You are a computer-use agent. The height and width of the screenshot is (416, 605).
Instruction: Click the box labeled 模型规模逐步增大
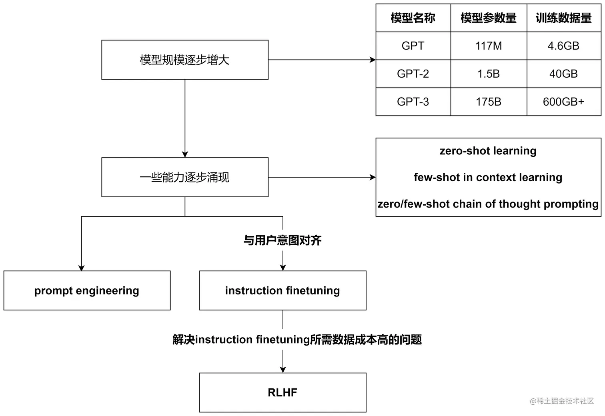click(184, 60)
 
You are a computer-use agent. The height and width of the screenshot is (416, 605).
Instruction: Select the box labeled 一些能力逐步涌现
click(184, 177)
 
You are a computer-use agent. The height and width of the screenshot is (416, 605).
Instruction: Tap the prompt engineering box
click(87, 290)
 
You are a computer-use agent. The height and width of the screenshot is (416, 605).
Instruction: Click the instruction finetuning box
click(282, 290)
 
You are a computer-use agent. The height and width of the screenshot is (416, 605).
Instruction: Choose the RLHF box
click(282, 392)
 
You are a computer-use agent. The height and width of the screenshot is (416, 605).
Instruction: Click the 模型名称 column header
click(413, 18)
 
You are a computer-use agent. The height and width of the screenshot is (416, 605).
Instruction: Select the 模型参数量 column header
click(488, 18)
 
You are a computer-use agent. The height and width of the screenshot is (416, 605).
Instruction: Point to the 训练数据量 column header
click(563, 18)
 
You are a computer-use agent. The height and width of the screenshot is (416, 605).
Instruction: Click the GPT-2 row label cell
click(413, 74)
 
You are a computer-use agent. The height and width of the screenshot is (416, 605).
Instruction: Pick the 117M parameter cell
click(488, 46)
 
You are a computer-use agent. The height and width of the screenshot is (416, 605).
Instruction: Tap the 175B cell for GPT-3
click(488, 102)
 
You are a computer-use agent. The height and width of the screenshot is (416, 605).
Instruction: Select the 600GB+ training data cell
click(563, 102)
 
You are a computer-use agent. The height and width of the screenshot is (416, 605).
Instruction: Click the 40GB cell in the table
click(563, 74)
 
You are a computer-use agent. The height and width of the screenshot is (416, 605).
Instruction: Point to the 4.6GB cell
click(563, 46)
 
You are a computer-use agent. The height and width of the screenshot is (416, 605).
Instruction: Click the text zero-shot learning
click(488, 151)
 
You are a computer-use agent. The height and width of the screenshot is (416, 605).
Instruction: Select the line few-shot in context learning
click(488, 177)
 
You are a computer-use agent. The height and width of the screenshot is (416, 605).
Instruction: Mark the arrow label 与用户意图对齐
click(282, 240)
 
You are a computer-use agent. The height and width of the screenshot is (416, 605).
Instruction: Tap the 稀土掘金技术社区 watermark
click(562, 401)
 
